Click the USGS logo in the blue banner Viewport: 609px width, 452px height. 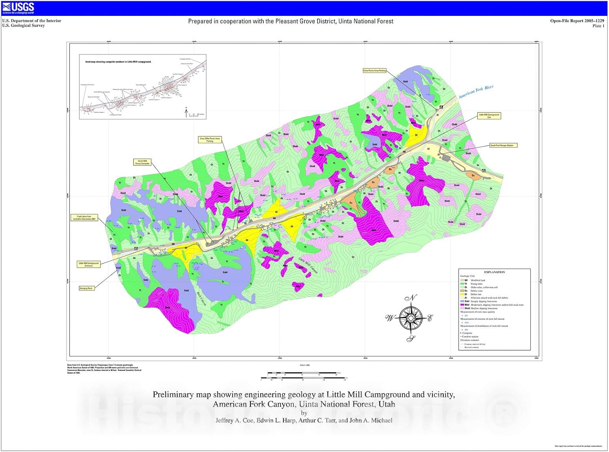18,7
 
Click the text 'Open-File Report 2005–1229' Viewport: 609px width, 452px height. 577,21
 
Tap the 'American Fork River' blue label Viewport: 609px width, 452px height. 476,92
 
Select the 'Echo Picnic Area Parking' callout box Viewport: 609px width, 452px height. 375,71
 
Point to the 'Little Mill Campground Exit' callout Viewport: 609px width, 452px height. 489,116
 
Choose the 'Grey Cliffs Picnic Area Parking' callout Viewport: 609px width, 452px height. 209,140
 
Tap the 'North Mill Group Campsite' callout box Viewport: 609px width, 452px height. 142,162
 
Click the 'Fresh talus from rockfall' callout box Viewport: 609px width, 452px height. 84,217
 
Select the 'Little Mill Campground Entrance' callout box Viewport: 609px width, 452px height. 89,264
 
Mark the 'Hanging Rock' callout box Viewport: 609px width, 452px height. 86,288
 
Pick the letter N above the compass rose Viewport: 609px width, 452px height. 411,298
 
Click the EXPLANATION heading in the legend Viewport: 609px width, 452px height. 495,272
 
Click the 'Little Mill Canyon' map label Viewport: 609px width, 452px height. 308,266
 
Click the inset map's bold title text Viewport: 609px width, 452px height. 118,62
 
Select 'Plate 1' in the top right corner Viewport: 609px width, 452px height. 598,26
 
